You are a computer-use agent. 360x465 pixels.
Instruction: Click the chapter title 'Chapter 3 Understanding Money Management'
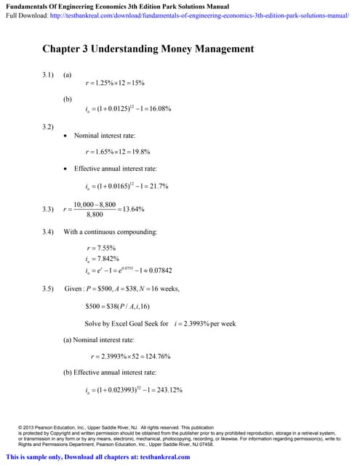pos(148,49)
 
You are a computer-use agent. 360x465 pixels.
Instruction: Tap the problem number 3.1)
pos(49,75)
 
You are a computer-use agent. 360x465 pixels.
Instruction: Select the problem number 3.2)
pos(49,127)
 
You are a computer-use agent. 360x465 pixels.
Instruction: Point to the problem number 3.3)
pos(49,209)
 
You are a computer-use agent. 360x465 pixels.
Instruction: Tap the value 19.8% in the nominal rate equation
pos(137,152)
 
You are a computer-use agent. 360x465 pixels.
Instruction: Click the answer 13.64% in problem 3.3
pos(132,209)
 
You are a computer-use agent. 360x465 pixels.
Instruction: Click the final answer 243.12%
pos(167,389)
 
